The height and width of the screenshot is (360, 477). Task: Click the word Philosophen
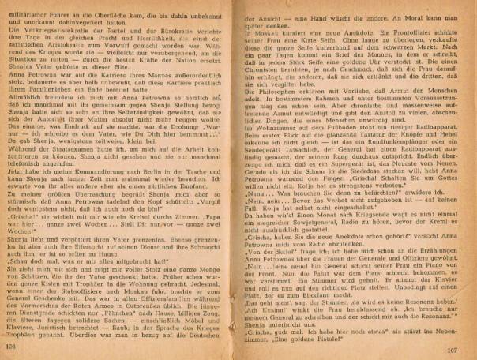tap(283, 97)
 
